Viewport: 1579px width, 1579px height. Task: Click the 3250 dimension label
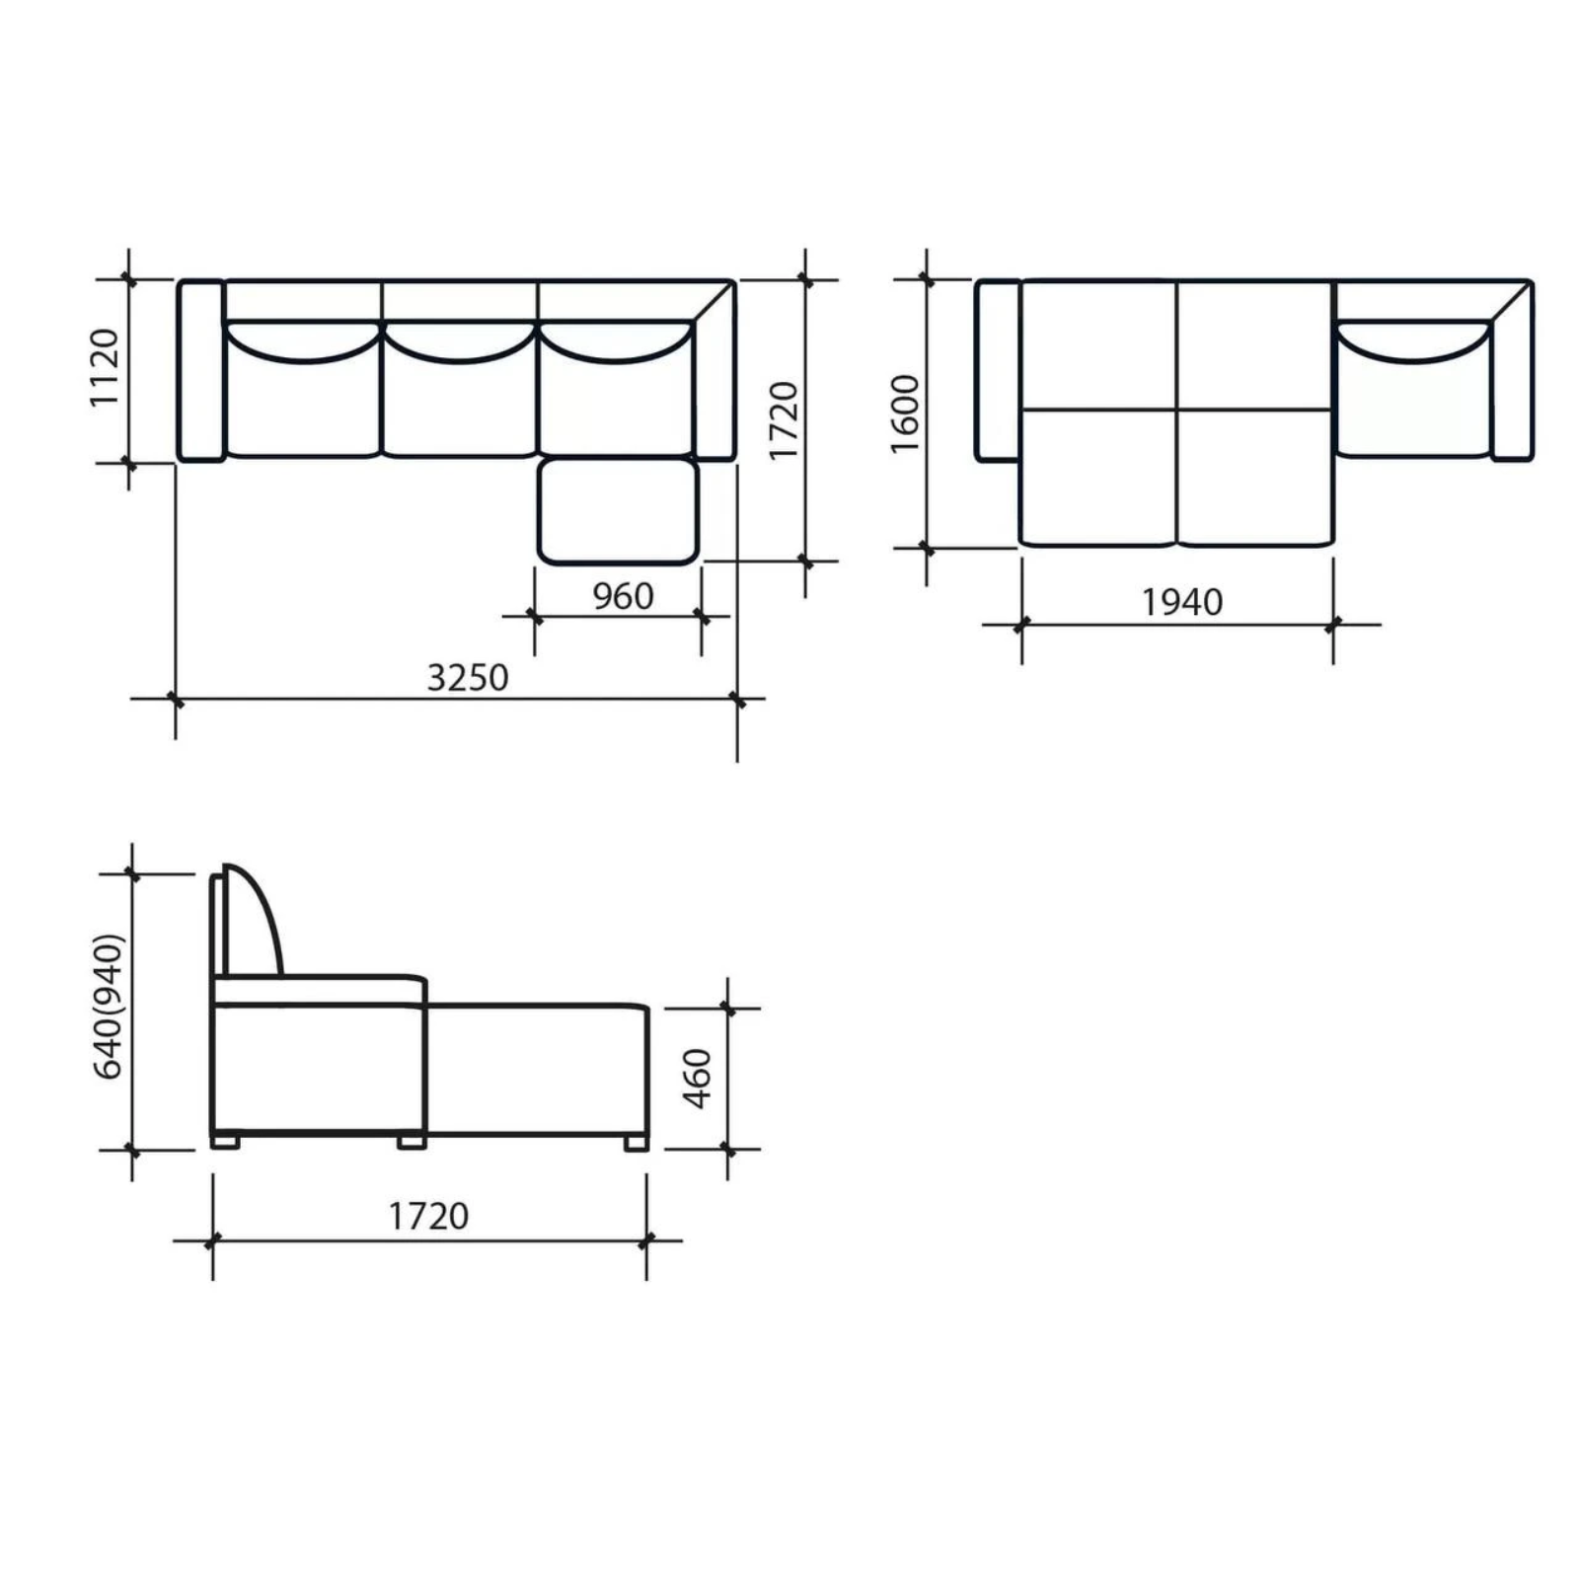[x=468, y=678]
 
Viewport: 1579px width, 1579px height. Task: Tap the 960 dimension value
[x=623, y=596]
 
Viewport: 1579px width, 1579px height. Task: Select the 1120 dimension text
[x=104, y=367]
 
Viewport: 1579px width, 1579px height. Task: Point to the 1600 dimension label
[x=904, y=414]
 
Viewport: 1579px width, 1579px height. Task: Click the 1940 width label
[x=1182, y=602]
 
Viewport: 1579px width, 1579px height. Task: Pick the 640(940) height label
[x=109, y=1006]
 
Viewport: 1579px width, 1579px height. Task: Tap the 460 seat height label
[x=697, y=1079]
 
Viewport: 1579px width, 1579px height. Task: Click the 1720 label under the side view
[x=428, y=1216]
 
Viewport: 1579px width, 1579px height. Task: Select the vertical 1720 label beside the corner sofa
[x=783, y=420]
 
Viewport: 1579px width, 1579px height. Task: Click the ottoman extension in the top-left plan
[x=619, y=511]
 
